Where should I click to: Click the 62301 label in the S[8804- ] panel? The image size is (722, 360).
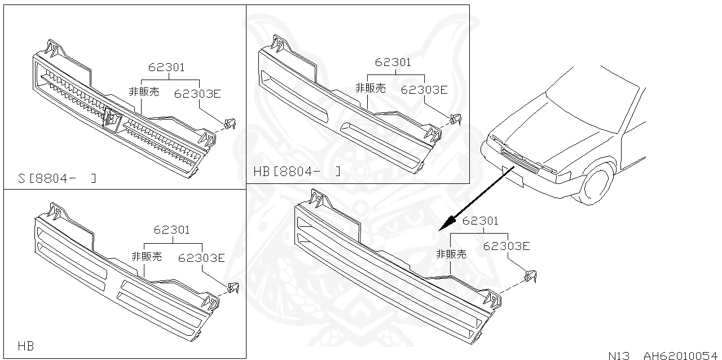(x=166, y=68)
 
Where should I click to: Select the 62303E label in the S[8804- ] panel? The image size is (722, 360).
(x=197, y=94)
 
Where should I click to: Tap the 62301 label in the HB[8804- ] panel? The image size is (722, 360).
(x=393, y=63)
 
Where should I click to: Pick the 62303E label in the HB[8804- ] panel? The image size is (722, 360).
(x=424, y=89)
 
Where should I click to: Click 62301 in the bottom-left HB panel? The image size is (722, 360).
(x=171, y=230)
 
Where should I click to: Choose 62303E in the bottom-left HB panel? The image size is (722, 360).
(x=201, y=258)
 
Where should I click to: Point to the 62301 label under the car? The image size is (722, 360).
(x=480, y=221)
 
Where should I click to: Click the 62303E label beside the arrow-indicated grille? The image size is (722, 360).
(x=507, y=246)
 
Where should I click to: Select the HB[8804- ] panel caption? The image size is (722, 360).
(x=297, y=171)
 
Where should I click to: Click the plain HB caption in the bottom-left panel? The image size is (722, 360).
(x=25, y=345)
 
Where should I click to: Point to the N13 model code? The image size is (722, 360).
(x=620, y=355)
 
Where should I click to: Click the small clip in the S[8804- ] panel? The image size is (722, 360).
(x=230, y=124)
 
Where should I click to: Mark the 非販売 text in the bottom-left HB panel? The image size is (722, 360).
(x=147, y=256)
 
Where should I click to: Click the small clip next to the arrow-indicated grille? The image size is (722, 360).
(x=531, y=276)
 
